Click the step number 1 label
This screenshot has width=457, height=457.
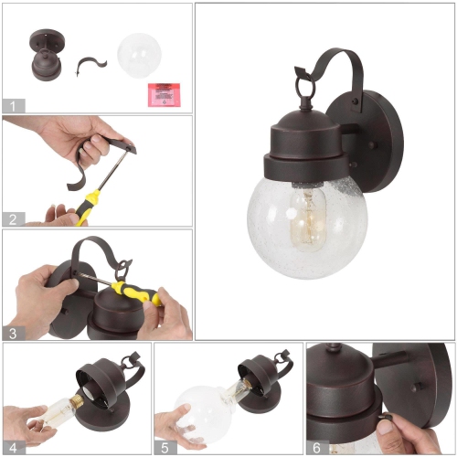12,105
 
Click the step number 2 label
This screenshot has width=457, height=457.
12,218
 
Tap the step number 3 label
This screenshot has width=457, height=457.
12,333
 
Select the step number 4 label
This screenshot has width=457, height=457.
12,447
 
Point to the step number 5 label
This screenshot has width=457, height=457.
164,447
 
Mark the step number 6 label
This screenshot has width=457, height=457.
315,447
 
